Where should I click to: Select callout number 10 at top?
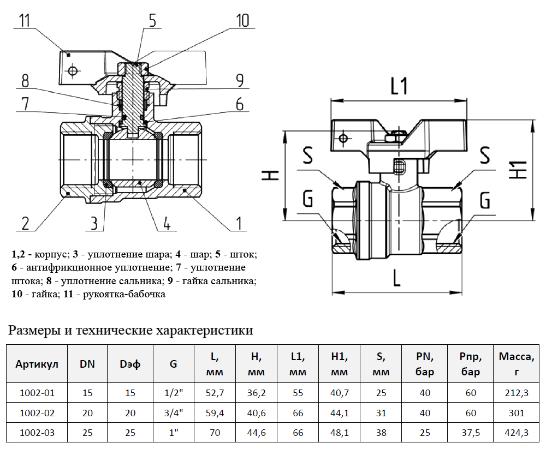242,21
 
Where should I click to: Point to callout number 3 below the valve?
94,223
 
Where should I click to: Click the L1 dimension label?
399,86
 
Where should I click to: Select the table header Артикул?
37,364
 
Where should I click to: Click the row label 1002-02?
37,413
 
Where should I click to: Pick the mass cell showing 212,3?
517,393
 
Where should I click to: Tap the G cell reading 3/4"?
173,413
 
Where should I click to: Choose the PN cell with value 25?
425,433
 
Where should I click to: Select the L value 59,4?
215,413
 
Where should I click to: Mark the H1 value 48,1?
340,433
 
